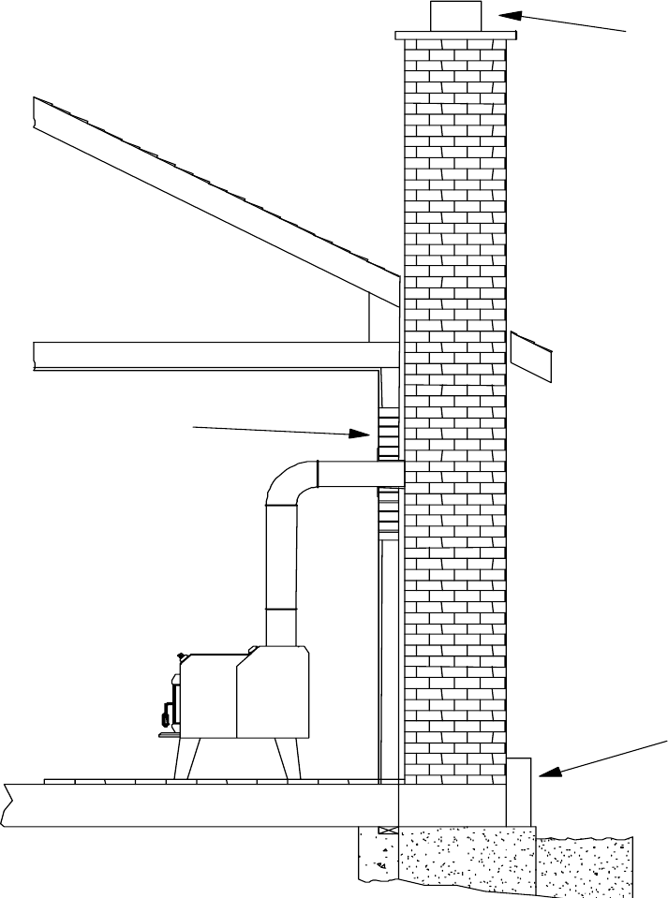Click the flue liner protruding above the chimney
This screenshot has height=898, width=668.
point(455,16)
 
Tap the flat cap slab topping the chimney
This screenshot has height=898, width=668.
point(455,36)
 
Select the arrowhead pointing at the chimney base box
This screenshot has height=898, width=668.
point(546,772)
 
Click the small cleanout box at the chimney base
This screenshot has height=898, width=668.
point(519,791)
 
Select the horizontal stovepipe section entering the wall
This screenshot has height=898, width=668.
point(360,474)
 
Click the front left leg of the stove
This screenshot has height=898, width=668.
point(184,758)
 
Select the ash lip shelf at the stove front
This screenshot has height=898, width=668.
point(170,736)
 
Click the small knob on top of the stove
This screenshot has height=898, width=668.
point(178,656)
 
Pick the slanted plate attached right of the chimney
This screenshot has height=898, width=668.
point(530,357)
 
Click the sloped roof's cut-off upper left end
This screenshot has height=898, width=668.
point(36,113)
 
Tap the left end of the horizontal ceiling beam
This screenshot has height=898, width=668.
point(37,356)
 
